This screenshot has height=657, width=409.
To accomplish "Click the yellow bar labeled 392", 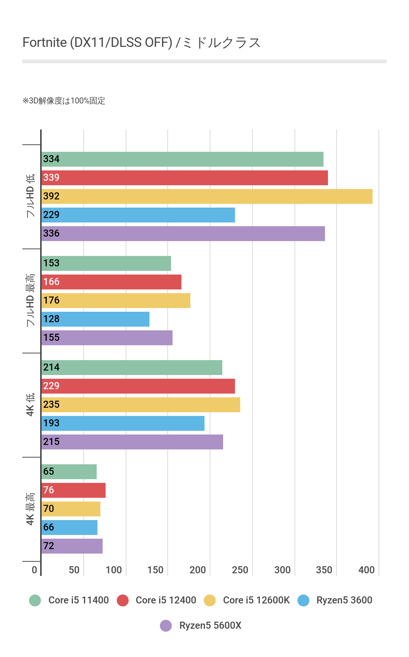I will (207, 196).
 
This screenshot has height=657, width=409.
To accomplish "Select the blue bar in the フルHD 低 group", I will (138, 215).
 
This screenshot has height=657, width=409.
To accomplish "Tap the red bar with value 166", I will (111, 282).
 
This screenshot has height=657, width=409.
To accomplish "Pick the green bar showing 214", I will (132, 368).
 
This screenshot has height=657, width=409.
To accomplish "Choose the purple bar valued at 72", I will (72, 546).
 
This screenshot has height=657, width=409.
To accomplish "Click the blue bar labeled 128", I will (95, 319).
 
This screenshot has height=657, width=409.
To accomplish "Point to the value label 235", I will (51, 405).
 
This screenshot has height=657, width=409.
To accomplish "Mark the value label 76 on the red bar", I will (49, 490).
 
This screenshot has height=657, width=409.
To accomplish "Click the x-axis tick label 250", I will (240, 570).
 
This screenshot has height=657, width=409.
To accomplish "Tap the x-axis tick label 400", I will (366, 570).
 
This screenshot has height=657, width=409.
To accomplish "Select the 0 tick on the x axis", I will (34, 570).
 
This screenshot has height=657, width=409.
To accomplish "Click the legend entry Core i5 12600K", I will (256, 600).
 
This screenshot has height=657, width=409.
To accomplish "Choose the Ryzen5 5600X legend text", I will (210, 625).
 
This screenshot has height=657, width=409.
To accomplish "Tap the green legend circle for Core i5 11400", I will (35, 600).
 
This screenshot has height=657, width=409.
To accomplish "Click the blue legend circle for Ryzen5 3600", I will (303, 600).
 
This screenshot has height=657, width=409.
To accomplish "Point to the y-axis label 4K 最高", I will (30, 509).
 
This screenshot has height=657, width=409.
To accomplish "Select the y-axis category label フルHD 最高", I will (30, 301).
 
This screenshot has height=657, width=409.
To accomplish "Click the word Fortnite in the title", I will (45, 42).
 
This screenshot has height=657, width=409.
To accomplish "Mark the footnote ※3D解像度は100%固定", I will (64, 101).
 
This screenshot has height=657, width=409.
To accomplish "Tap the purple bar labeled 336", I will (183, 234).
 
